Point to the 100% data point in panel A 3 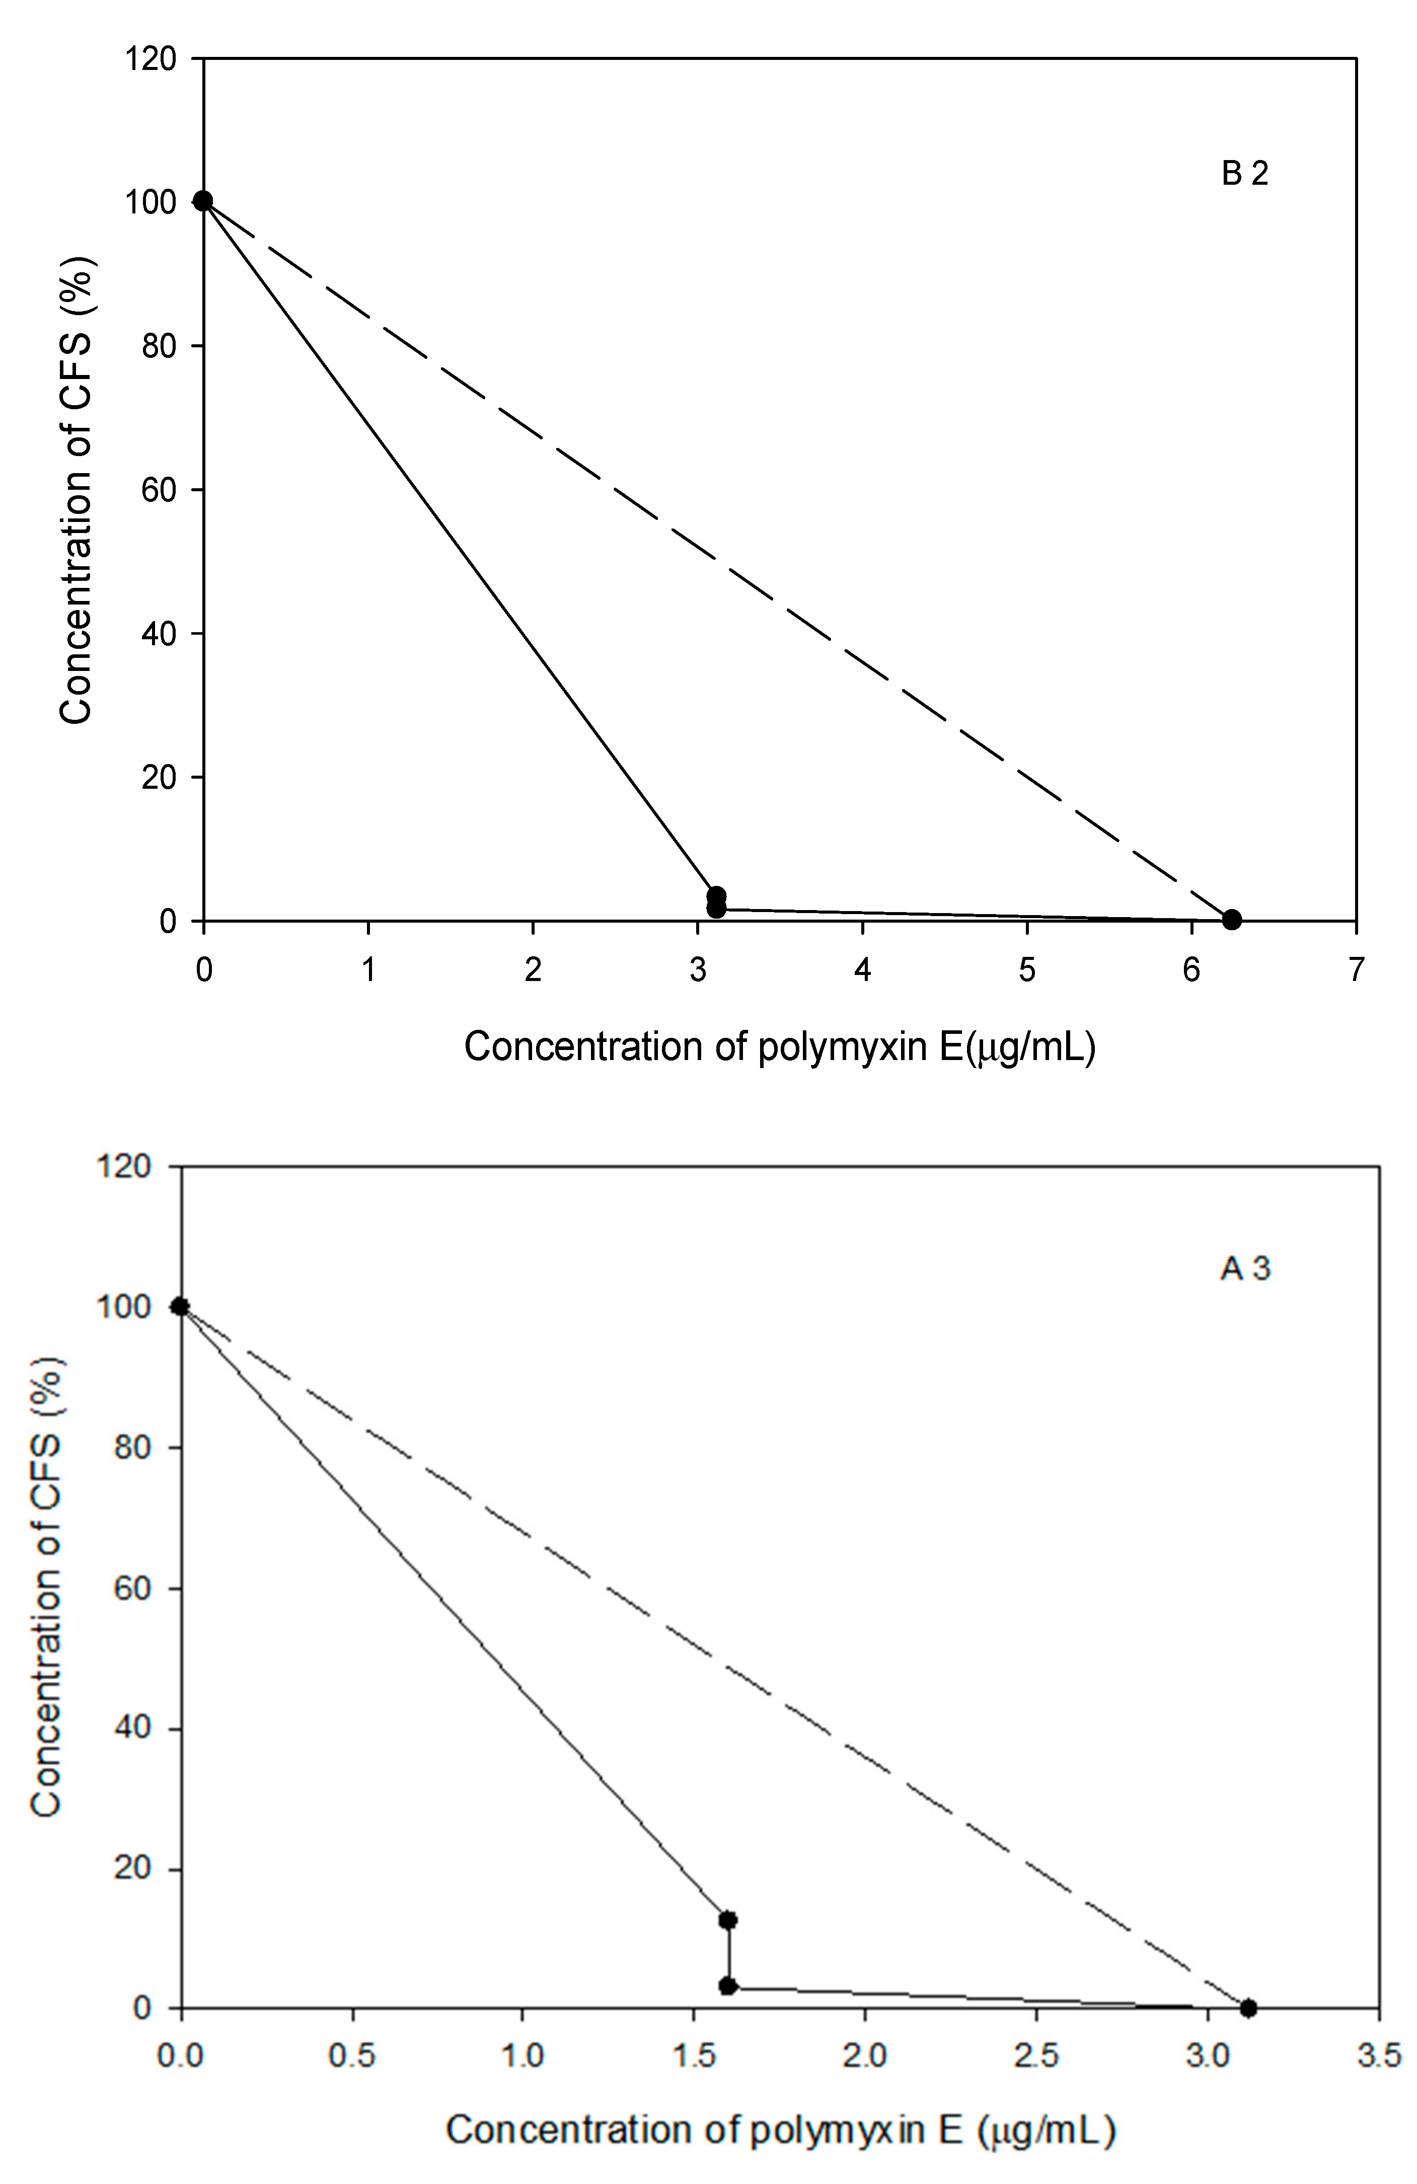[181, 1307]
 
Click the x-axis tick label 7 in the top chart [1356, 970]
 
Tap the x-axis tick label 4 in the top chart [862, 970]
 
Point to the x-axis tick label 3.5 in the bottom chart [1378, 2057]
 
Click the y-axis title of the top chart [76, 489]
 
